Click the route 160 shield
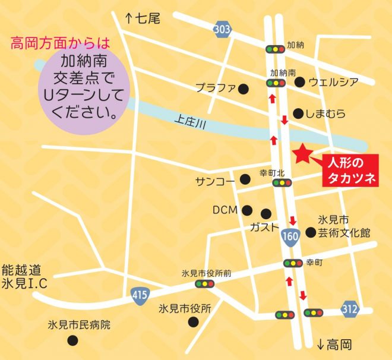click(x=290, y=235)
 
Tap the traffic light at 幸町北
click(x=280, y=183)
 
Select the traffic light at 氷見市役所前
click(x=203, y=284)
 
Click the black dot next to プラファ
click(x=243, y=89)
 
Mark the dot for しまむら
click(x=298, y=112)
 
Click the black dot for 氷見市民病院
click(x=73, y=340)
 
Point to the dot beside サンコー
click(x=245, y=179)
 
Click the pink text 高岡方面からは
click(x=61, y=43)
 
